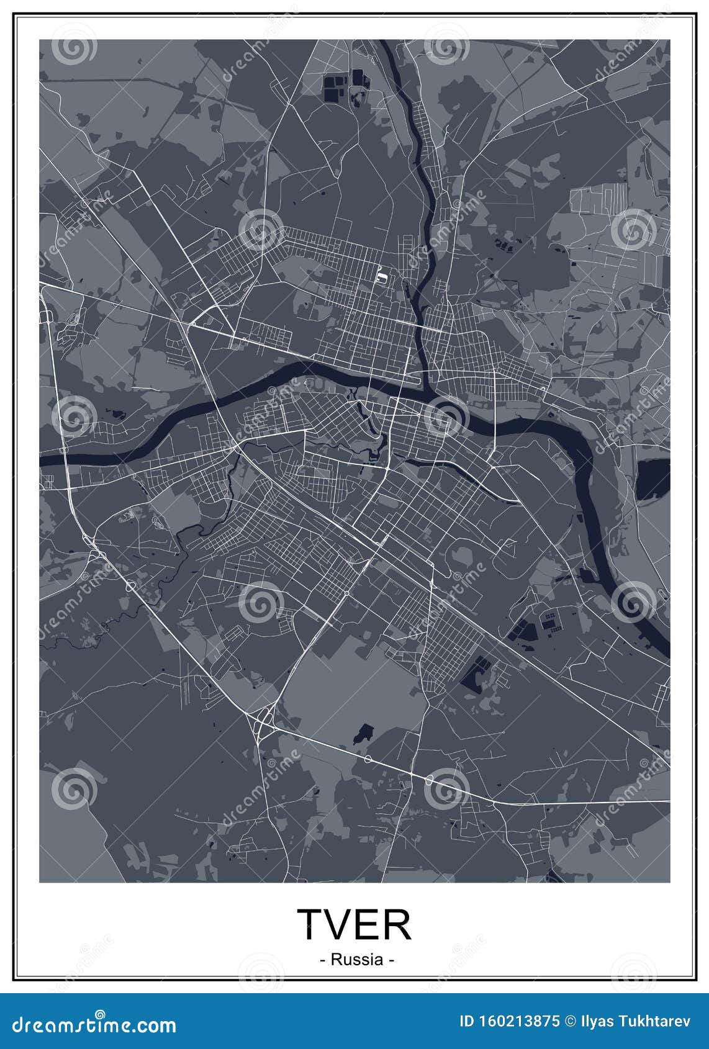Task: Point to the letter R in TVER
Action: coord(396,924)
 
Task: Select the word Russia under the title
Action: coord(357,960)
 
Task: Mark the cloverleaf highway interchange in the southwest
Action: coord(266,719)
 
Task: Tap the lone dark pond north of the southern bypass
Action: coord(364,732)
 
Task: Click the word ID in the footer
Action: coord(467,1022)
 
